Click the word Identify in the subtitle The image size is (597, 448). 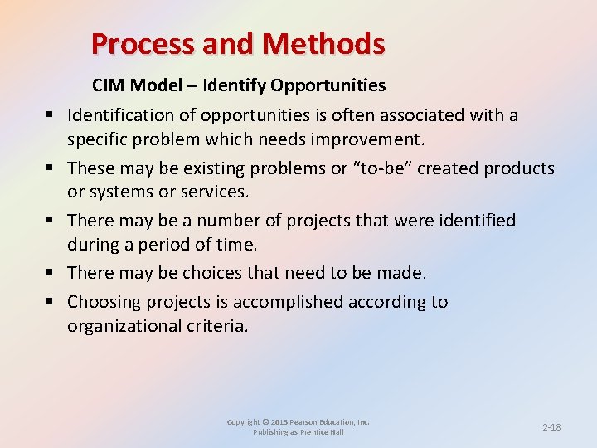(x=234, y=85)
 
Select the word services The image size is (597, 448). (x=214, y=191)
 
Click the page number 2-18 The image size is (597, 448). (x=551, y=427)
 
